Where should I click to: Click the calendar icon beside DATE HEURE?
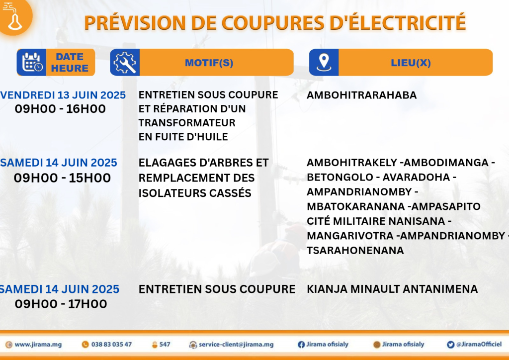click(x=32, y=62)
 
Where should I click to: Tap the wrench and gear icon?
click(x=125, y=62)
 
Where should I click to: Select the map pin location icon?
click(x=324, y=62)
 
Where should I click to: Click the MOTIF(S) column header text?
click(x=209, y=63)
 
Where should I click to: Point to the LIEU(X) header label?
click(x=411, y=63)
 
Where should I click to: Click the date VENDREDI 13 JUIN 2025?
click(x=63, y=95)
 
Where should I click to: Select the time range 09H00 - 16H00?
click(x=60, y=109)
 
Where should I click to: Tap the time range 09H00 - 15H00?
click(x=62, y=178)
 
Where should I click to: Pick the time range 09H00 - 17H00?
click(x=61, y=304)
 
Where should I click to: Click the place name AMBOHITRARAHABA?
click(x=362, y=95)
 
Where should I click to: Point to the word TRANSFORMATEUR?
click(x=187, y=123)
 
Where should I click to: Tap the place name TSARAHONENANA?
click(x=355, y=250)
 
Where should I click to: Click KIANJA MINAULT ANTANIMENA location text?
click(x=392, y=289)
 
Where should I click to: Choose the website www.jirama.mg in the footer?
click(x=38, y=345)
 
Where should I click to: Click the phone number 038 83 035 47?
click(x=111, y=345)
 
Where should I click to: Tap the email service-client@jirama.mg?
click(x=236, y=345)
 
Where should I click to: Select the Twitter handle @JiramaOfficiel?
click(x=479, y=345)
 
